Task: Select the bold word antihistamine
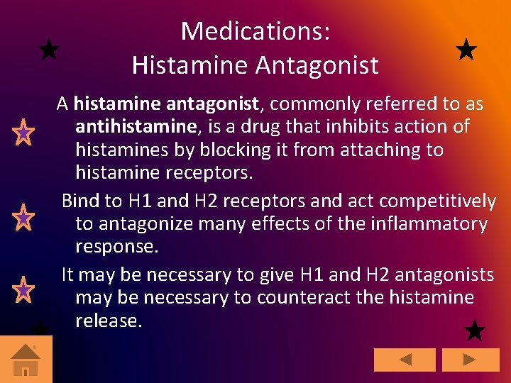click(135, 127)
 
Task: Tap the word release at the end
click(109, 321)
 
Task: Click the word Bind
click(81, 201)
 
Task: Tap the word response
click(116, 248)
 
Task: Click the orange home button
click(26, 359)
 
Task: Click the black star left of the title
click(48, 50)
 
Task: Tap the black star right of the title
click(466, 50)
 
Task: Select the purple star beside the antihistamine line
click(23, 132)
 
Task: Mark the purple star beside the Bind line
click(23, 217)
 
